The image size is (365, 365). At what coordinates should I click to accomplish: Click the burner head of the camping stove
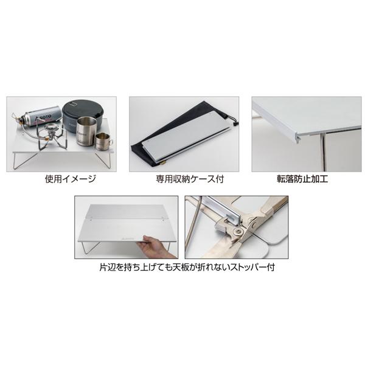click(x=50, y=130)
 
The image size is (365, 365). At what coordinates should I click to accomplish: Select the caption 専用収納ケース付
click(x=182, y=179)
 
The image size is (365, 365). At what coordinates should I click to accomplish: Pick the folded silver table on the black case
click(x=182, y=134)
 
